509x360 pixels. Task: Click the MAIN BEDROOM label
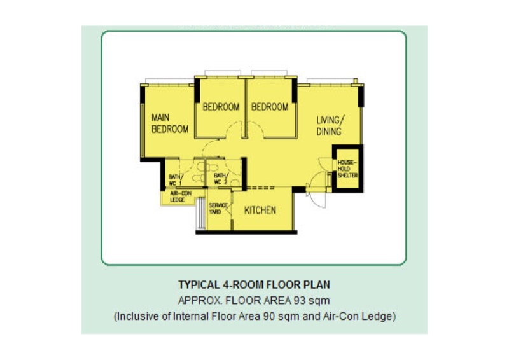pyautogui.click(x=170, y=123)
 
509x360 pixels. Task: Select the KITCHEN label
pyautogui.click(x=260, y=211)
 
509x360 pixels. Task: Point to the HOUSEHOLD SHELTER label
pyautogui.click(x=347, y=169)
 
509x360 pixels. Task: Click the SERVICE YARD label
pyautogui.click(x=218, y=209)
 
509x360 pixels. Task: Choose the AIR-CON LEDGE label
pyautogui.click(x=181, y=197)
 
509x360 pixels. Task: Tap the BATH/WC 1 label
pyautogui.click(x=176, y=180)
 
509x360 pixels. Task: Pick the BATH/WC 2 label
pyautogui.click(x=221, y=179)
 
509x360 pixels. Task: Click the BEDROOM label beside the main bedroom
pyautogui.click(x=221, y=107)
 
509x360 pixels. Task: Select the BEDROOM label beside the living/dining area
pyautogui.click(x=269, y=107)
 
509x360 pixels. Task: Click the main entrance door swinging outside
pyautogui.click(x=316, y=198)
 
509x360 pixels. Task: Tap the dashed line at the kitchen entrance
pyautogui.click(x=260, y=188)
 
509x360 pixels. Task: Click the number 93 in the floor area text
pyautogui.click(x=300, y=301)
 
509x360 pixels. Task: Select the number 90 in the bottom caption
pyautogui.click(x=269, y=316)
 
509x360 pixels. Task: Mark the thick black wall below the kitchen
pyautogui.click(x=246, y=232)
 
